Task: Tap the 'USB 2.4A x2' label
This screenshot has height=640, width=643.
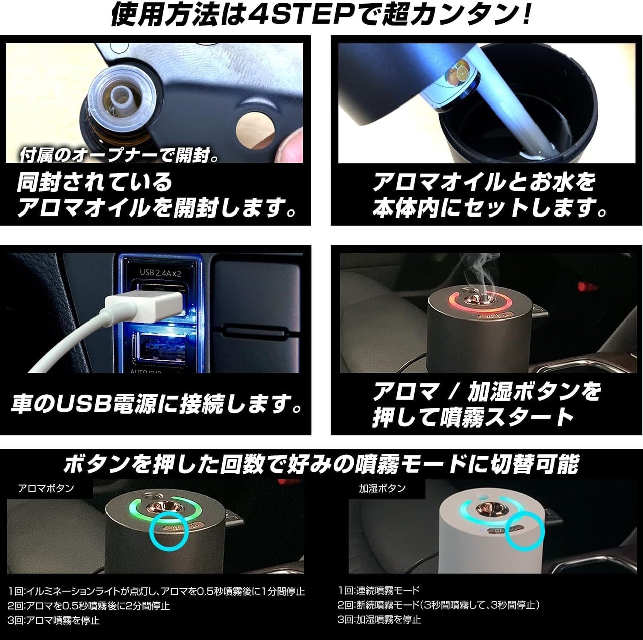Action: pyautogui.click(x=160, y=273)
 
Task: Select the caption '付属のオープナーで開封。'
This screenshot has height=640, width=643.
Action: pyautogui.click(x=119, y=156)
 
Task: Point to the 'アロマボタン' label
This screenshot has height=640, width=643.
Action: pyautogui.click(x=46, y=488)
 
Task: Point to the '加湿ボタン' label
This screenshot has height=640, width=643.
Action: pyautogui.click(x=382, y=488)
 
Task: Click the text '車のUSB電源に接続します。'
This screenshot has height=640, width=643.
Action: pyautogui.click(x=157, y=403)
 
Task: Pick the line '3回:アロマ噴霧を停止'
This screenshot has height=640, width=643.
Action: pyautogui.click(x=53, y=620)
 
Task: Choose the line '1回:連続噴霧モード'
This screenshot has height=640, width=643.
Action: pyautogui.click(x=379, y=590)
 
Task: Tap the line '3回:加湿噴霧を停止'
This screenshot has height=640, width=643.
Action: pyautogui.click(x=379, y=619)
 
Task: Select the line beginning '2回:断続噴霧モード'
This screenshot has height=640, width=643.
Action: pyautogui.click(x=439, y=605)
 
